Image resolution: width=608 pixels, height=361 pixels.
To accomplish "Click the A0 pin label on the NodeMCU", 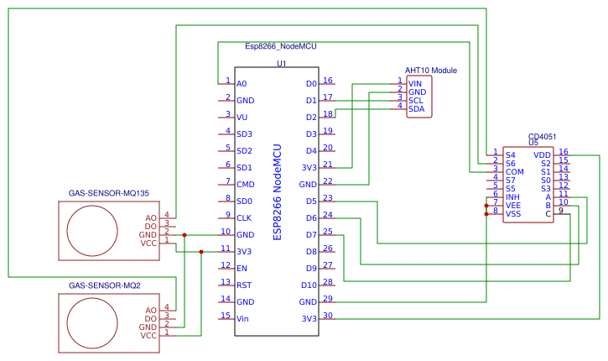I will [242, 84].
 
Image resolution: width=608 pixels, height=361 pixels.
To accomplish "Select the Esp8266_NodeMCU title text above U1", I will [281, 47].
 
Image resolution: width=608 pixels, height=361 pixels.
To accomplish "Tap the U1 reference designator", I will [281, 63].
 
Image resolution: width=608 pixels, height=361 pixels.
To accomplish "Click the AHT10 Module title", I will [431, 71].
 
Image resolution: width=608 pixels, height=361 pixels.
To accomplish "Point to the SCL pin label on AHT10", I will [415, 101].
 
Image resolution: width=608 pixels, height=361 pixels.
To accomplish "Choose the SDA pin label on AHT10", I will [416, 109].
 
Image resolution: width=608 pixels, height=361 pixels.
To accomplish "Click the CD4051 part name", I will [542, 136].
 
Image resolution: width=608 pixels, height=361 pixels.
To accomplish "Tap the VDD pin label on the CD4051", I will [542, 154].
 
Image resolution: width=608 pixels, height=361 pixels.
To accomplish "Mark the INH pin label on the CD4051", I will [512, 196].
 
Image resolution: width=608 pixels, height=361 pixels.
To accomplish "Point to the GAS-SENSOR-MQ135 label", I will [109, 193].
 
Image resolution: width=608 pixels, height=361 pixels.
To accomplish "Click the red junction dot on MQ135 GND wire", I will [184, 235].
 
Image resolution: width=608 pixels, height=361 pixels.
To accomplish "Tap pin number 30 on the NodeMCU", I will [328, 316].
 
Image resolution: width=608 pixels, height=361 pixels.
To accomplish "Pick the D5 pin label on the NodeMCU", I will [311, 201].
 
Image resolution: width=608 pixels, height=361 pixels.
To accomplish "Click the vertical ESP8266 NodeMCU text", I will [277, 191].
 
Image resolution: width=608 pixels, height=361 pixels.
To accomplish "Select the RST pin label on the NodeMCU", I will [243, 285].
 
